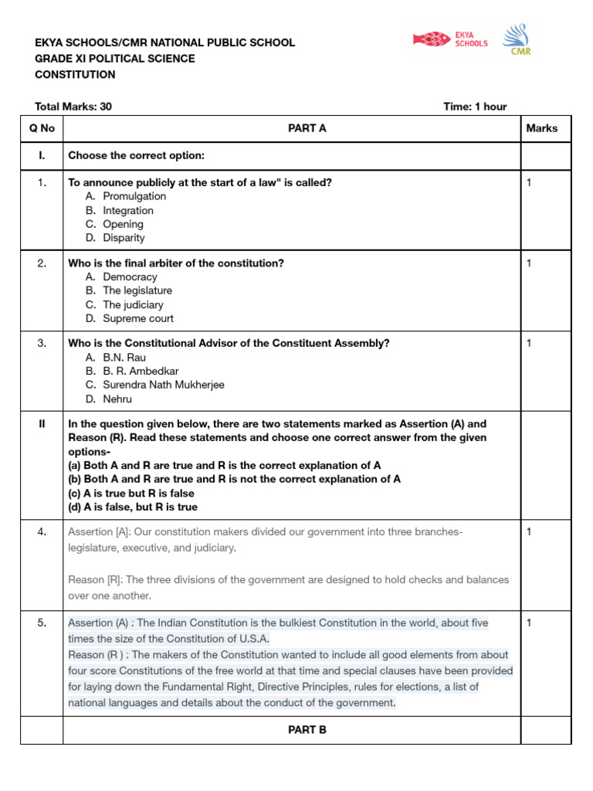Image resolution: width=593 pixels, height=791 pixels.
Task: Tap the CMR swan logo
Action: (517, 40)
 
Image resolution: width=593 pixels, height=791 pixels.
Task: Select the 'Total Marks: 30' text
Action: (73, 107)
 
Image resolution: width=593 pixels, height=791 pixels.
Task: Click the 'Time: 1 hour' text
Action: (475, 107)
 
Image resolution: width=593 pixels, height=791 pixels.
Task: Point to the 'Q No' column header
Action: (42, 128)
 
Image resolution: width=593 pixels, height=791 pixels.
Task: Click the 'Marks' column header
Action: (541, 128)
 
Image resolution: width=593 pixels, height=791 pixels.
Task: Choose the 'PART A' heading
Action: (307, 128)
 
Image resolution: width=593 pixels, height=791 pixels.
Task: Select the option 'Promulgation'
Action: (134, 196)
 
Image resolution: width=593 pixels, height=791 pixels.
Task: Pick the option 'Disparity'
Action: (124, 238)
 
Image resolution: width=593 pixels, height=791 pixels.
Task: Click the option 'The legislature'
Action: (137, 290)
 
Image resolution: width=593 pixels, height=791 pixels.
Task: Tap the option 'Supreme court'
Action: (138, 318)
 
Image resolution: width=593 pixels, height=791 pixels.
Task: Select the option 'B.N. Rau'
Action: (124, 358)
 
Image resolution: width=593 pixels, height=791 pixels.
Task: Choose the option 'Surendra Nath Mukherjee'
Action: (164, 385)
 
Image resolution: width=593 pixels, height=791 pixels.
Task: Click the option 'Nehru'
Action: (117, 399)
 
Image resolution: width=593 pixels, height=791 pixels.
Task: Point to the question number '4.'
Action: (42, 531)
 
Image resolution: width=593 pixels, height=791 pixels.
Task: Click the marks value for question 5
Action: (530, 623)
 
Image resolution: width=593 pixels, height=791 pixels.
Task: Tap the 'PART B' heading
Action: (307, 729)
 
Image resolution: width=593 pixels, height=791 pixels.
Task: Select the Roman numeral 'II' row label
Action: (42, 424)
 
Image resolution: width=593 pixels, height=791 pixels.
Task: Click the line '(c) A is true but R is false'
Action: (131, 493)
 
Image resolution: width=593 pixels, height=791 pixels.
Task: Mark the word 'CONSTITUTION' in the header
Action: (75, 75)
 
